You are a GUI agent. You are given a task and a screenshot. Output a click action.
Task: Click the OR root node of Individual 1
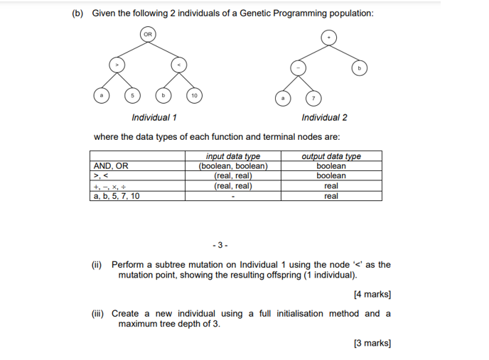pyautogui.click(x=147, y=33)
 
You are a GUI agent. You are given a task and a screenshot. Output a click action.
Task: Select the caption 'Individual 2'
pyautogui.click(x=324, y=117)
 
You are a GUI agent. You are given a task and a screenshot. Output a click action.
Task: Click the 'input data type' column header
pyautogui.click(x=232, y=157)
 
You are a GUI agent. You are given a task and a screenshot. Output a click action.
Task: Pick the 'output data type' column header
pyautogui.click(x=331, y=157)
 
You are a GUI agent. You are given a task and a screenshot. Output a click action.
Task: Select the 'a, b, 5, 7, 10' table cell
pyautogui.click(x=117, y=196)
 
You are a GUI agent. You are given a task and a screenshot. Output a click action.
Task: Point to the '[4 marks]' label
pyautogui.click(x=372, y=294)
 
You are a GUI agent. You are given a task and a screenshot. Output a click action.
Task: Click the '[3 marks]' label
pyautogui.click(x=372, y=343)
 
